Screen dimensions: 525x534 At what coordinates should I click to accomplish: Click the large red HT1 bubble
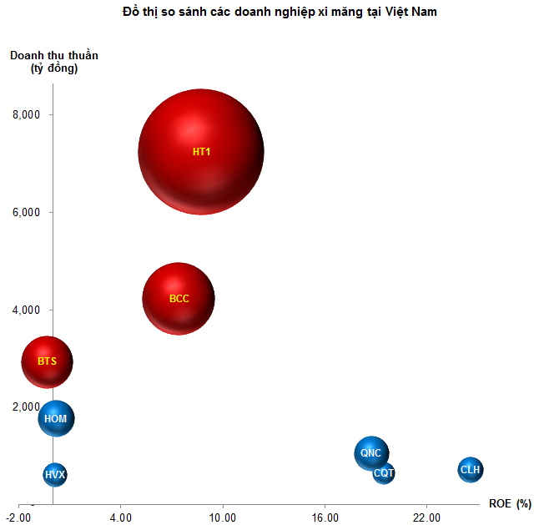coord(200,151)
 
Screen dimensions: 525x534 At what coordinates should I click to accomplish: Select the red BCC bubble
coord(179,298)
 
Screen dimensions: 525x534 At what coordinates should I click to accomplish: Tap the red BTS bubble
coord(47,361)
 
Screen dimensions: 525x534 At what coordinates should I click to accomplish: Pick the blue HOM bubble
coord(56,418)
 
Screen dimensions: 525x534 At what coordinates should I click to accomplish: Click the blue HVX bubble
coord(54,474)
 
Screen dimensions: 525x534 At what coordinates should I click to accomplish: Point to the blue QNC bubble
coord(370,453)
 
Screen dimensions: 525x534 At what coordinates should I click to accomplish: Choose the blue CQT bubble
coord(384,472)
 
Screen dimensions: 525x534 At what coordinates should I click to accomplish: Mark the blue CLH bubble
coord(470,470)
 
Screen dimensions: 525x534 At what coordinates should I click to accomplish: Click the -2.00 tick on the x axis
coord(18,516)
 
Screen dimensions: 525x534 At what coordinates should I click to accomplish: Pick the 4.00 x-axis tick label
coord(120,516)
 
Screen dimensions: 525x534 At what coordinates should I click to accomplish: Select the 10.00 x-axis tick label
coord(222,516)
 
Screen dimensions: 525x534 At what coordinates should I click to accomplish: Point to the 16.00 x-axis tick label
coord(325,516)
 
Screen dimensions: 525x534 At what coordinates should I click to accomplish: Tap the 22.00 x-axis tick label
coord(426,516)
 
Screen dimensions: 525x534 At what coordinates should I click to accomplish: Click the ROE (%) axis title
coord(510,503)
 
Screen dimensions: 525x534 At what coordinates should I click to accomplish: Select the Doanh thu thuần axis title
coord(54,62)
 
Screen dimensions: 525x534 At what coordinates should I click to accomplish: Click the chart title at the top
coord(267,13)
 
